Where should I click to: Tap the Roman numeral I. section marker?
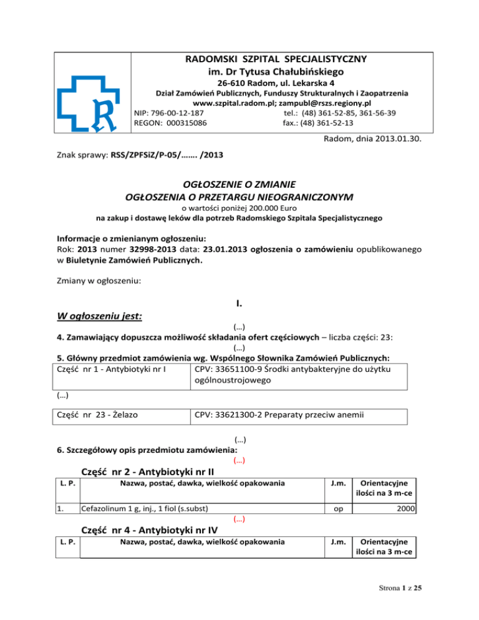coord(239,304)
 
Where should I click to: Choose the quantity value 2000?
coord(406,510)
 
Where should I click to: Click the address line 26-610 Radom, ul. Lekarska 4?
coord(275,82)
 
